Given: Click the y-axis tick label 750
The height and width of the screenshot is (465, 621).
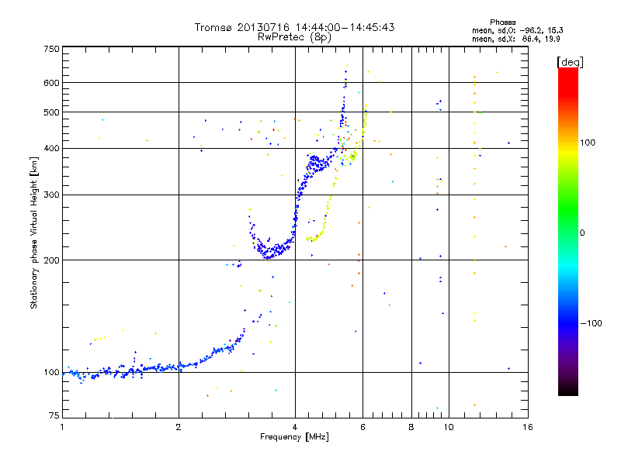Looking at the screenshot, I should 51,48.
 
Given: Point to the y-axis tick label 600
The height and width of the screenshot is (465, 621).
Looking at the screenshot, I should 51,82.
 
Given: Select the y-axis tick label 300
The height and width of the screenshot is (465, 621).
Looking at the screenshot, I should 51,195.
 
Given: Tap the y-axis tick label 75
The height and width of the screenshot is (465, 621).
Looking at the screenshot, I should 54,418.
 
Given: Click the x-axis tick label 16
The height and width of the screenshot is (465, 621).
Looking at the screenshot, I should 527,426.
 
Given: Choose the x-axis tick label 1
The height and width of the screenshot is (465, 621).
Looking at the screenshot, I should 62,426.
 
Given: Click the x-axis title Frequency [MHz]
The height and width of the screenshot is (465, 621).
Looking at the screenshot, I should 294,438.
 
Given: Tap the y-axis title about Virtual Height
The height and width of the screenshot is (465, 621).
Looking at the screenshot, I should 34,233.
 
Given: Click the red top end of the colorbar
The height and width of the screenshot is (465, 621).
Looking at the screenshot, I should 567,72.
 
